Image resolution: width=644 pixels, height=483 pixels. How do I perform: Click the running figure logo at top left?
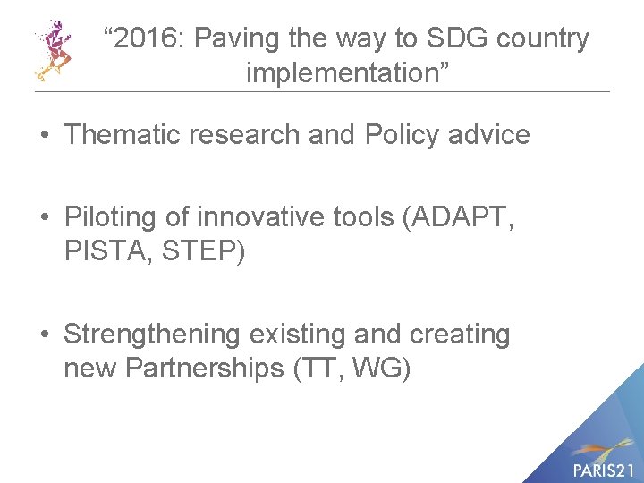53,49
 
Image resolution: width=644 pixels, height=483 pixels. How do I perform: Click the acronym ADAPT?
457,217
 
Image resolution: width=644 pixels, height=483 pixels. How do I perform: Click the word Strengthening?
152,335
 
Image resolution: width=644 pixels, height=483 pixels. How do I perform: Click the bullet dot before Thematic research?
44,135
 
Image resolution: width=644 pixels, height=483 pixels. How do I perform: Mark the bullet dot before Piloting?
44,218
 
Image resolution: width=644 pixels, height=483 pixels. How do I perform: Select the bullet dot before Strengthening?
44,335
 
